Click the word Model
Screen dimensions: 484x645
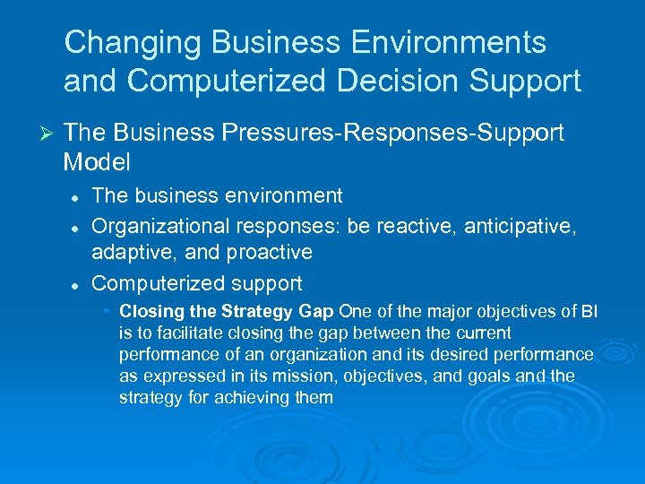click(x=97, y=162)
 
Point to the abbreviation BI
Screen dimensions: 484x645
click(x=589, y=312)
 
